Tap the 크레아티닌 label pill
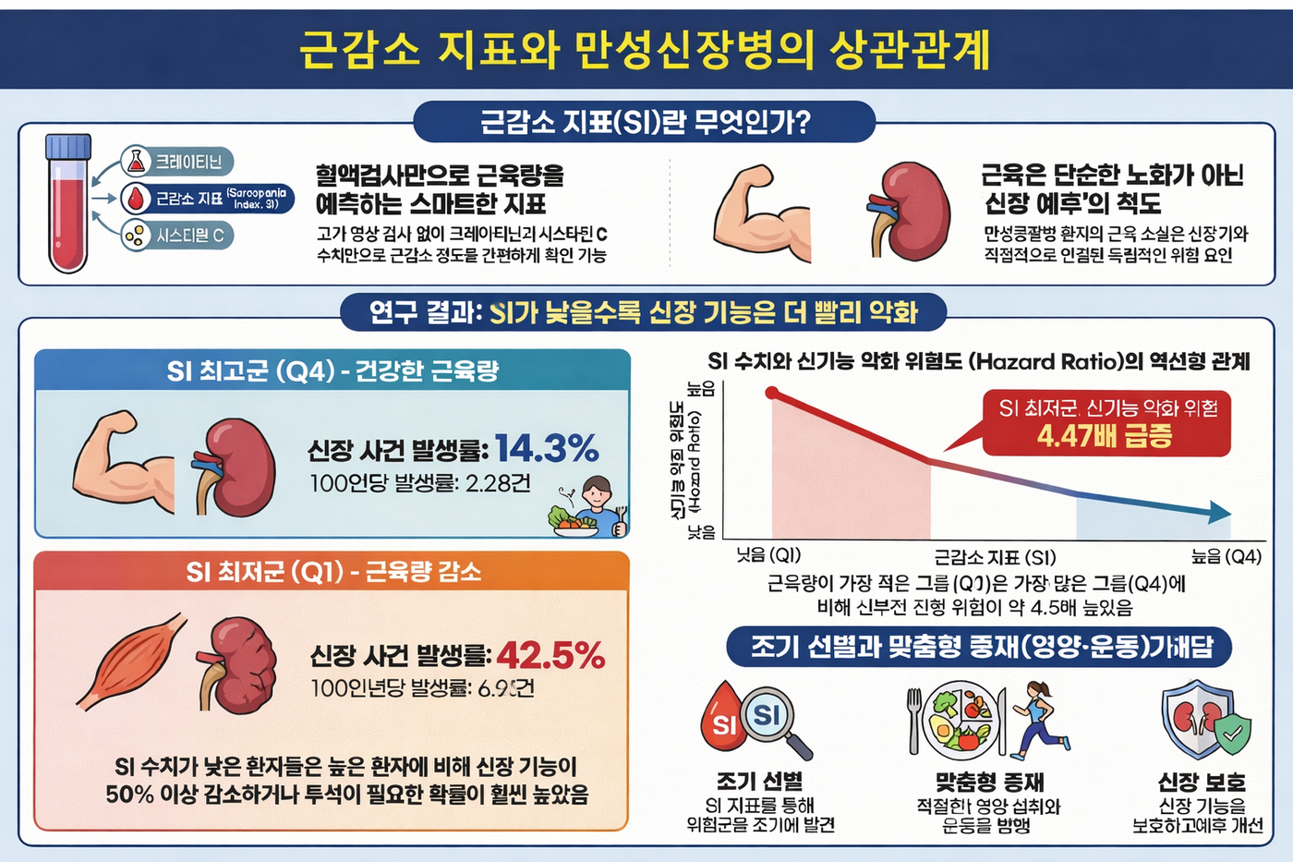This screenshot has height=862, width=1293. coord(177,162)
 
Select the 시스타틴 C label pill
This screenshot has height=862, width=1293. coord(177,236)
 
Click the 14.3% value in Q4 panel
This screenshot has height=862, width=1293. coord(547,449)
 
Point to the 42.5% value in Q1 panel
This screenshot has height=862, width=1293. coord(550,656)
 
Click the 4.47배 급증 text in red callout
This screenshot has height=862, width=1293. coord(1105,436)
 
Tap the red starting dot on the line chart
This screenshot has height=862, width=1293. coord(773,395)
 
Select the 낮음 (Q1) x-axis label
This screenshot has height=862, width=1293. coord(767,555)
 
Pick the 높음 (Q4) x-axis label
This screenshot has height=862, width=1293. coord(1226,556)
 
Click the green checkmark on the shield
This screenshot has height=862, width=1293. coord(1232,735)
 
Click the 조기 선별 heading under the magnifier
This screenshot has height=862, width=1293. coord(759,782)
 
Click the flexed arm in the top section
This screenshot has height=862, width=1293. coord(757,215)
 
